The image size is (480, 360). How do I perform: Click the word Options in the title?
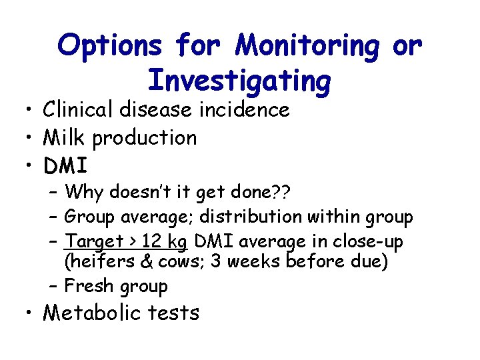[x=110, y=46]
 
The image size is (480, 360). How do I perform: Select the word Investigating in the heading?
[x=239, y=81]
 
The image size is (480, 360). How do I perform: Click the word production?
[x=145, y=138]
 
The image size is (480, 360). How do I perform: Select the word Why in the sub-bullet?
[x=83, y=193]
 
